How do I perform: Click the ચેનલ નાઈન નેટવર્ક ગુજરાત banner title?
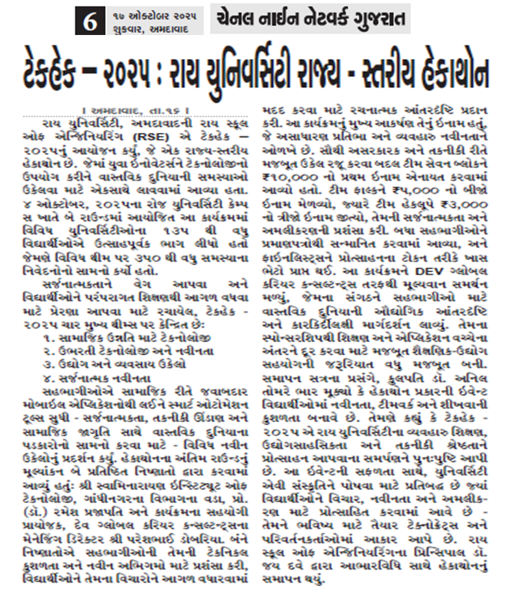[x=310, y=18]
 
